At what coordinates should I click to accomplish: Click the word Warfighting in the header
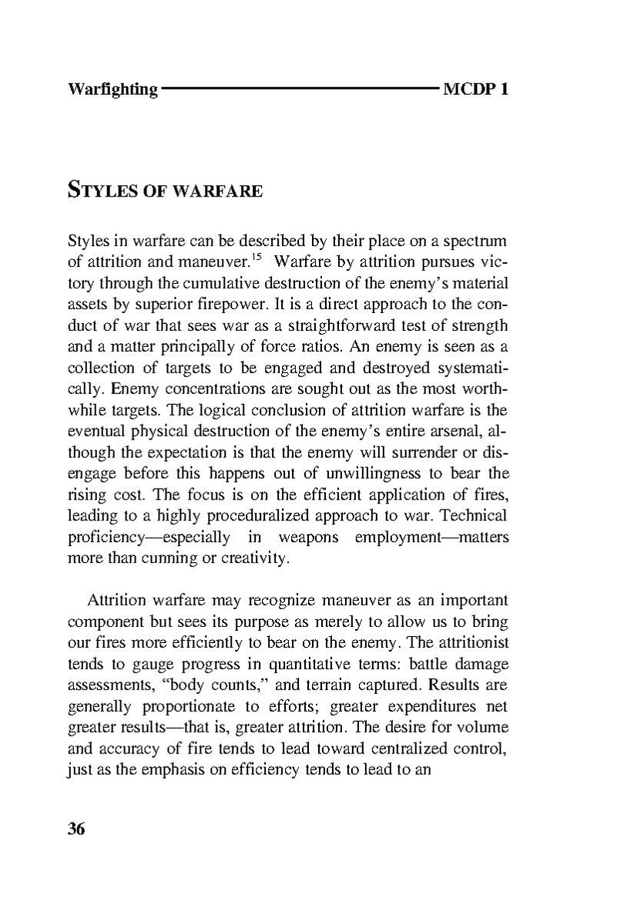click(x=112, y=89)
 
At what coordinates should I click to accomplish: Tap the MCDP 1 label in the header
click(x=476, y=89)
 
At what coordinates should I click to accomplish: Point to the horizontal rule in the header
click(x=300, y=89)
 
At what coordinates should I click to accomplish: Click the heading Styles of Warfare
click(x=165, y=189)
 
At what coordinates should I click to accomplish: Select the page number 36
click(x=76, y=829)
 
